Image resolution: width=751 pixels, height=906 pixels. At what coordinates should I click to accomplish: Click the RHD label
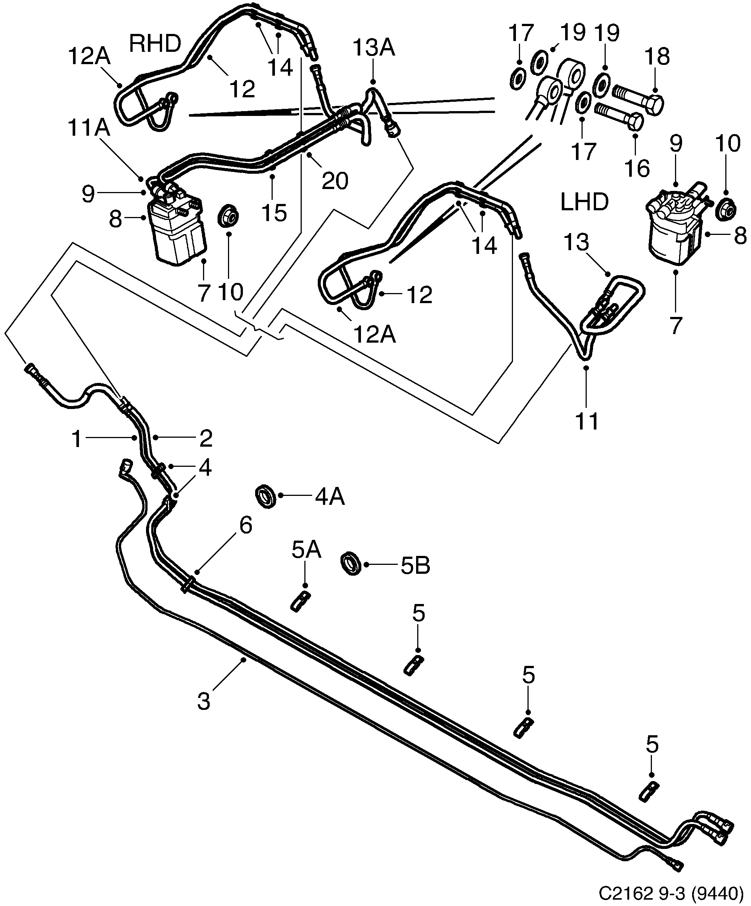[x=155, y=44]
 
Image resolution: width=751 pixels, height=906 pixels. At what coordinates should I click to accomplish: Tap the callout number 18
[x=657, y=57]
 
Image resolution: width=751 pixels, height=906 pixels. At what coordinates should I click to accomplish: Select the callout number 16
[x=637, y=168]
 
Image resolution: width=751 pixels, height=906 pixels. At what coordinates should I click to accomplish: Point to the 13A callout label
[x=374, y=48]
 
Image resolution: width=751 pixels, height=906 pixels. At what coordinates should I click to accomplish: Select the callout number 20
[x=335, y=181]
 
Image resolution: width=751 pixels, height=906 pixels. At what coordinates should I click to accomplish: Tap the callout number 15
[x=275, y=213]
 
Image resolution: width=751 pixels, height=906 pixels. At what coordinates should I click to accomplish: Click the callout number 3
[x=203, y=701]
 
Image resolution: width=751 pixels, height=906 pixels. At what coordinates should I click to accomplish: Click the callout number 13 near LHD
[x=576, y=242]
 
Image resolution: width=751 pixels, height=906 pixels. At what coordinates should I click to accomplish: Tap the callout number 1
[x=77, y=439]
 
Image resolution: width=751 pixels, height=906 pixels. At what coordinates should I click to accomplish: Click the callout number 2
[x=206, y=439]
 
